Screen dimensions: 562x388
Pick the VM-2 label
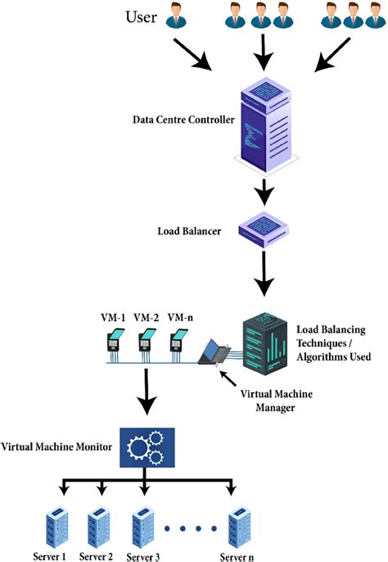tap(147, 316)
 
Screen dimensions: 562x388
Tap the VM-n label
tap(180, 316)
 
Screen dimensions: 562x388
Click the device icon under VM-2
tap(147, 344)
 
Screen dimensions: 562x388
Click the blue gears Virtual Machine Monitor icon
tap(145, 447)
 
